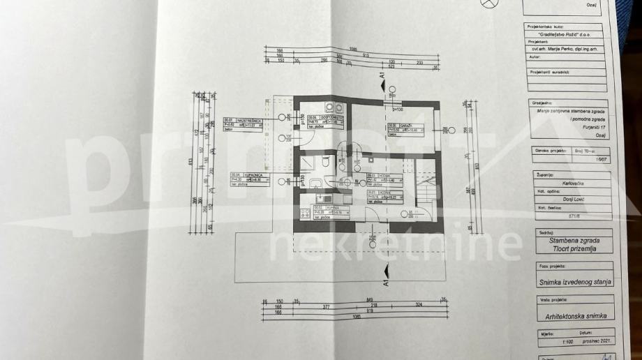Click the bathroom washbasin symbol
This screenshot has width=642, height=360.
(x=315, y=183)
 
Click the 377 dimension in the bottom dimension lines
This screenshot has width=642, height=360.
(x=326, y=305)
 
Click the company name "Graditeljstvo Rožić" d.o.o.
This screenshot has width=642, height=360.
(x=565, y=33)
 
